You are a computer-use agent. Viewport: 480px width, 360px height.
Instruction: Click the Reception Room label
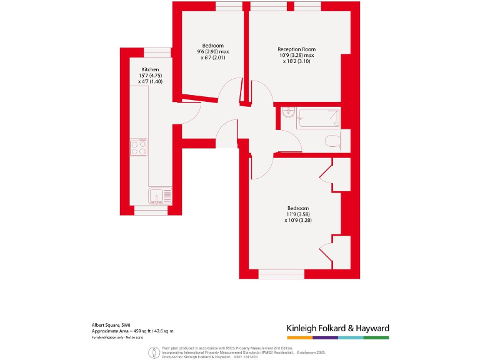pos(296,49)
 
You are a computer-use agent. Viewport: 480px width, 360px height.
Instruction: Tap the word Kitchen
pos(150,69)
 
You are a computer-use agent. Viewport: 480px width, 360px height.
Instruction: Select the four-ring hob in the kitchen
pos(139,147)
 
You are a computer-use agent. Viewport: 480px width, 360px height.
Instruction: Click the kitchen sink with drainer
pos(159,196)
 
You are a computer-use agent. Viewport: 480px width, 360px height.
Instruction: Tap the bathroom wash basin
pos(287,113)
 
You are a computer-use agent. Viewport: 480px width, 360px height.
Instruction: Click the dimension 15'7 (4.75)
pos(150,76)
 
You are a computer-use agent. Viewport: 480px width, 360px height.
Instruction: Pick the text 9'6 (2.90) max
pos(212,52)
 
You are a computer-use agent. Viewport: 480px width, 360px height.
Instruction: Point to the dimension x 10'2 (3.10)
pos(296,61)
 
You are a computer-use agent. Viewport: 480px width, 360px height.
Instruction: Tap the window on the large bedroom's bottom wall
pos(281,274)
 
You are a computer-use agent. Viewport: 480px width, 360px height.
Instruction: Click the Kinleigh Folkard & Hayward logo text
pos(337,328)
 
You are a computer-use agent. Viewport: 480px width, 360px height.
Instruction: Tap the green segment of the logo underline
pos(376,337)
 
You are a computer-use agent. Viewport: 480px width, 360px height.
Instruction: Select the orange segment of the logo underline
pos(299,337)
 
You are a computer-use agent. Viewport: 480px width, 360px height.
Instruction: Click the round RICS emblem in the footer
pos(152,352)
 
